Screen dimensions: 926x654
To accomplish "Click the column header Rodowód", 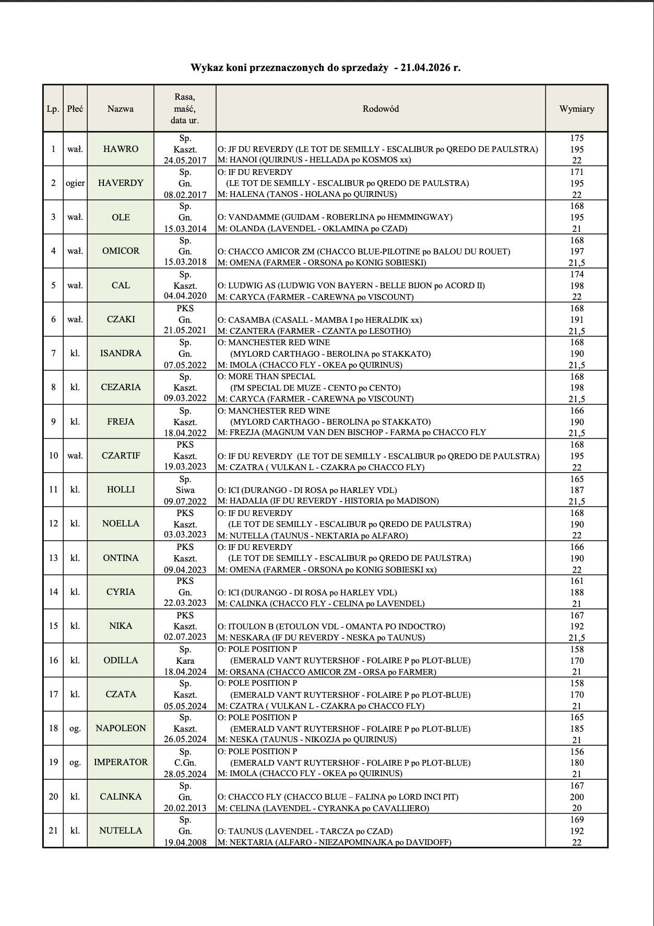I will (380, 109).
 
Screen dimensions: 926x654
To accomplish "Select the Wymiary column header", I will (576, 109).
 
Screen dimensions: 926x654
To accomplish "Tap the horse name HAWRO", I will (121, 149).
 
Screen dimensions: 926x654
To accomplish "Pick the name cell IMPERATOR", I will (121, 762).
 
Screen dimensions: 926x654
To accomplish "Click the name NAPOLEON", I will (121, 728).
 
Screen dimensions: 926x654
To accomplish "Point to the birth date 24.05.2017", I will (185, 160).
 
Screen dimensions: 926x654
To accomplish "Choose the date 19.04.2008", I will (185, 842).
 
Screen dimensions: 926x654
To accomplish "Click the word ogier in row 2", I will (75, 183).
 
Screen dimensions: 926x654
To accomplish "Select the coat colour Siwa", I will (185, 490).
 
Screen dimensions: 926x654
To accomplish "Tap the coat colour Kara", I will (185, 661).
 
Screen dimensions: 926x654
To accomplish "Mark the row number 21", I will (53, 830).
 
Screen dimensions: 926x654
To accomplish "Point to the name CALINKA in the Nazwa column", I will (121, 796).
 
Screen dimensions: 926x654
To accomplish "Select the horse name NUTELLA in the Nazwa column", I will (121, 830).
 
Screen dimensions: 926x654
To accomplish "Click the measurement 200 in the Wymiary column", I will (577, 797).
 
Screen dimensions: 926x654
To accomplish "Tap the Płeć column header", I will (75, 109).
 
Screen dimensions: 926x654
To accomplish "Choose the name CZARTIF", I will (121, 455).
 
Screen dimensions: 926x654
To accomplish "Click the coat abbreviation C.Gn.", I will (185, 763).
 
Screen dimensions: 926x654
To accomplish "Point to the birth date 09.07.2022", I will (185, 501).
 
